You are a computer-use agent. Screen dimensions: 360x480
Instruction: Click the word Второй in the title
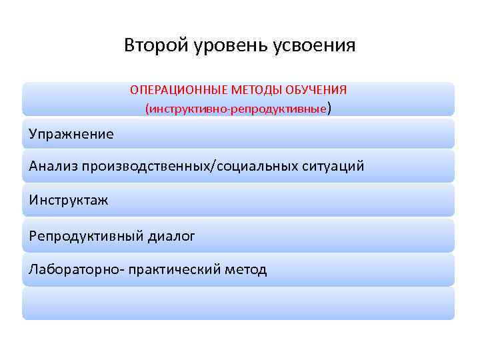[151, 45]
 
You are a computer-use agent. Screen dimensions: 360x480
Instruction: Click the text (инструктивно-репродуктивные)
[237, 107]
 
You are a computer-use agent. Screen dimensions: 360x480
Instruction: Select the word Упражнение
[71, 134]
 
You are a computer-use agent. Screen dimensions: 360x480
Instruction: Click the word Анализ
[53, 166]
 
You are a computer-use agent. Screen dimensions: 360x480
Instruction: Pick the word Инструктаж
[69, 200]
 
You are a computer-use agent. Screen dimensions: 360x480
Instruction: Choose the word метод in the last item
[245, 269]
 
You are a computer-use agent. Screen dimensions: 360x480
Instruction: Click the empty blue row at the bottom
[238, 303]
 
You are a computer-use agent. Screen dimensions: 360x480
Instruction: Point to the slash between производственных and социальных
[212, 166]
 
